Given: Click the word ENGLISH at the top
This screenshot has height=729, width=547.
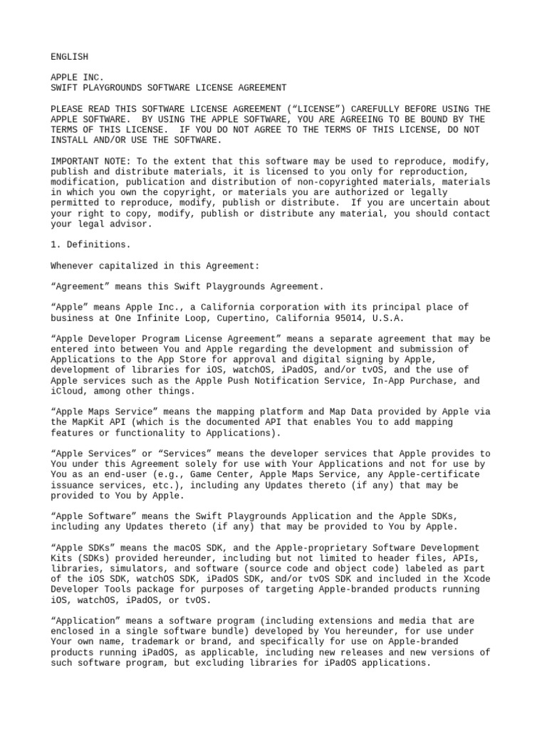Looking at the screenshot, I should click(69, 56).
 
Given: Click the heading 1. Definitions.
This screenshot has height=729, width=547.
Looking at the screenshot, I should click(90, 244).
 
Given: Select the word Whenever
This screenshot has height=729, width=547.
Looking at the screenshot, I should click(72, 266).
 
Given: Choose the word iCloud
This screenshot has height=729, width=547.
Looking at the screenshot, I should click(66, 391).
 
